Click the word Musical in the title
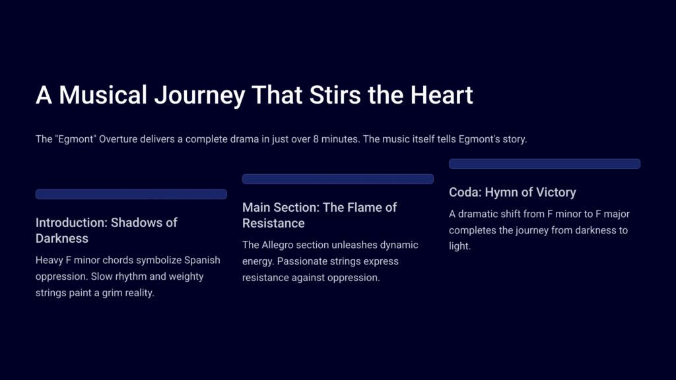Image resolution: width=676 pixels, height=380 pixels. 102,95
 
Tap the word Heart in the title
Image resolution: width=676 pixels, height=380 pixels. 442,95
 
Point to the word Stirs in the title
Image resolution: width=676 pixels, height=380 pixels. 335,95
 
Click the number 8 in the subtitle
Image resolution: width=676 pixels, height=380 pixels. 316,139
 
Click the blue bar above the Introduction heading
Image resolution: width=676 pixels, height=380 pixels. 131,195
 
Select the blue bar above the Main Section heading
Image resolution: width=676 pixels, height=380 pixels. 338,179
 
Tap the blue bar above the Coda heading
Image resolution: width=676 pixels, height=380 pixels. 545,164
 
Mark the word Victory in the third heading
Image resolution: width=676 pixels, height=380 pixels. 554,193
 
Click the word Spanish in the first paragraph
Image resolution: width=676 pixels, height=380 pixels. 202,260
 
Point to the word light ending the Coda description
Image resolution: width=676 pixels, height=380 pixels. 459,246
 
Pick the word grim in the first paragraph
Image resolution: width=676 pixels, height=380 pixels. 112,293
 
